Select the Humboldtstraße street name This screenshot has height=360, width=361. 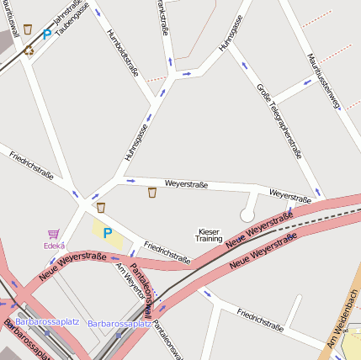[124, 52]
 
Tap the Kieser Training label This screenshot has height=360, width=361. [209, 235]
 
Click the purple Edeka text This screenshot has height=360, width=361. [54, 246]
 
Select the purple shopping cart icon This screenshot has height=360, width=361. [54, 234]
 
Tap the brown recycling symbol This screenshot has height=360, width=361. [29, 50]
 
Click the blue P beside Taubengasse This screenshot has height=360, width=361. [47, 34]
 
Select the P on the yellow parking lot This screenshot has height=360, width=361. [107, 232]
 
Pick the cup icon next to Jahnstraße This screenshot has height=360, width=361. [28, 29]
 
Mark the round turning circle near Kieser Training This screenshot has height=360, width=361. [247, 215]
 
